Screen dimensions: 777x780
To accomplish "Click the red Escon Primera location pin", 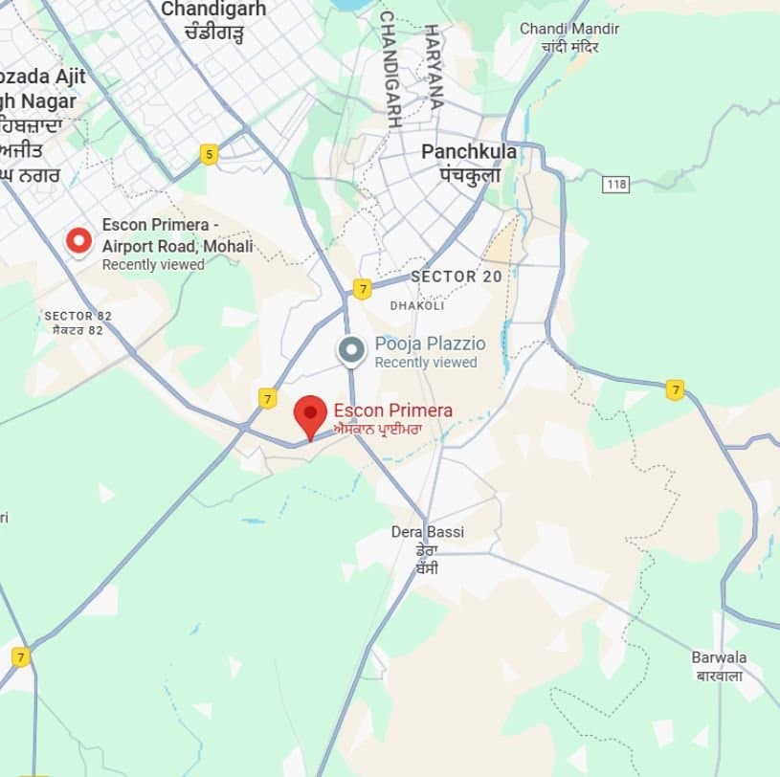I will pyautogui.click(x=309, y=415).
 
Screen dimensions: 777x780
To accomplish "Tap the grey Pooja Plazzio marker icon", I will pyautogui.click(x=351, y=350).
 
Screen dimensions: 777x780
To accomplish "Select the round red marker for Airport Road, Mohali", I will pyautogui.click(x=78, y=241).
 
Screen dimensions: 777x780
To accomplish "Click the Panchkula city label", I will pyautogui.click(x=469, y=152).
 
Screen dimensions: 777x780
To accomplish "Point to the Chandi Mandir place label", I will pyautogui.click(x=568, y=30).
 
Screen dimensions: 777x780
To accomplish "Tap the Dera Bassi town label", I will pyautogui.click(x=428, y=532).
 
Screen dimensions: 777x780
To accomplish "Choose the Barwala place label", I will pyautogui.click(x=720, y=657).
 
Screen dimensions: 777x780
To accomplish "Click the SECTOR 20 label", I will pyautogui.click(x=456, y=277).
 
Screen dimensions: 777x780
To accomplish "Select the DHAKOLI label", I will pyautogui.click(x=417, y=306).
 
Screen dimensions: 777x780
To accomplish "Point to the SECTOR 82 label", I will pyautogui.click(x=74, y=316).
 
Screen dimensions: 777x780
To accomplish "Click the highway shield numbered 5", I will pyautogui.click(x=209, y=153).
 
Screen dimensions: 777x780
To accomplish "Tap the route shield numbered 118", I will pyautogui.click(x=615, y=182).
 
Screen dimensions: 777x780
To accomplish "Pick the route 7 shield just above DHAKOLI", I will pyautogui.click(x=362, y=288).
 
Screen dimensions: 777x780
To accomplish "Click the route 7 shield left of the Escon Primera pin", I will pyautogui.click(x=268, y=398).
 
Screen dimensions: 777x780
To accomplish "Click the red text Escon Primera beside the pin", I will pyautogui.click(x=393, y=411).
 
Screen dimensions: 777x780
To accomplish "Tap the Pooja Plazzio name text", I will pyautogui.click(x=430, y=344).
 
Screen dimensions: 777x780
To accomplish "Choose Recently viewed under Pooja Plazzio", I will pyautogui.click(x=425, y=363).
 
